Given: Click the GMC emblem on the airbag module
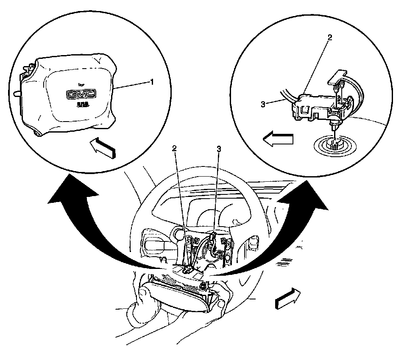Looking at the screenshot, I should pyautogui.click(x=81, y=94).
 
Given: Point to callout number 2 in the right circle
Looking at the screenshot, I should pyautogui.click(x=329, y=37).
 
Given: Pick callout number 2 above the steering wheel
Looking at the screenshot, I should pyautogui.click(x=174, y=148).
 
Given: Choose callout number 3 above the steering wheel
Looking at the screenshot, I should pyautogui.click(x=219, y=148).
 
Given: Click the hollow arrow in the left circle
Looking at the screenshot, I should pyautogui.click(x=103, y=147).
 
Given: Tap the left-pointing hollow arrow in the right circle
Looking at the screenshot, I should pyautogui.click(x=278, y=139).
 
